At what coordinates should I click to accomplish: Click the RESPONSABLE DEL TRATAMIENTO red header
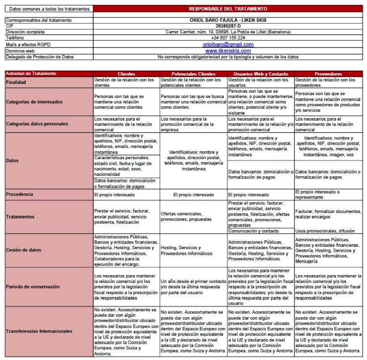[228, 9]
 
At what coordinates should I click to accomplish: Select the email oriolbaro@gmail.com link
[228, 45]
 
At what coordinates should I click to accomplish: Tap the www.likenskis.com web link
[228, 51]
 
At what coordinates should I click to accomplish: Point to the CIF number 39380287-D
[228, 26]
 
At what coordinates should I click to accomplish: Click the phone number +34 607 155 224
[228, 38]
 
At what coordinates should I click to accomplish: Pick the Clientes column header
[127, 74]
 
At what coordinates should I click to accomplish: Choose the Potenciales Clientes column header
[193, 74]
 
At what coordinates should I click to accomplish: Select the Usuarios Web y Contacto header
[261, 74]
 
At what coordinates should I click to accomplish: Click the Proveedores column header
[328, 74]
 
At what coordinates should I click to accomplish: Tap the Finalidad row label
[16, 82]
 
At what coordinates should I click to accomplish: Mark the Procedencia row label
[19, 194]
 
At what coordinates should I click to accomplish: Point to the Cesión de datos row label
[23, 250]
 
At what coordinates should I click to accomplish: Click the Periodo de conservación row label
[32, 287]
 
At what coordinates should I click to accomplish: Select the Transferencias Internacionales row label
[39, 331]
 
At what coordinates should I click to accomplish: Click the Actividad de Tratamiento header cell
[31, 74]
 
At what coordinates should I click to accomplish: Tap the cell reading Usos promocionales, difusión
[325, 231]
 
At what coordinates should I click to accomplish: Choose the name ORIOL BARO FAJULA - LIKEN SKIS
[228, 20]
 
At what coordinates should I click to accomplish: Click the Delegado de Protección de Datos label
[39, 57]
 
